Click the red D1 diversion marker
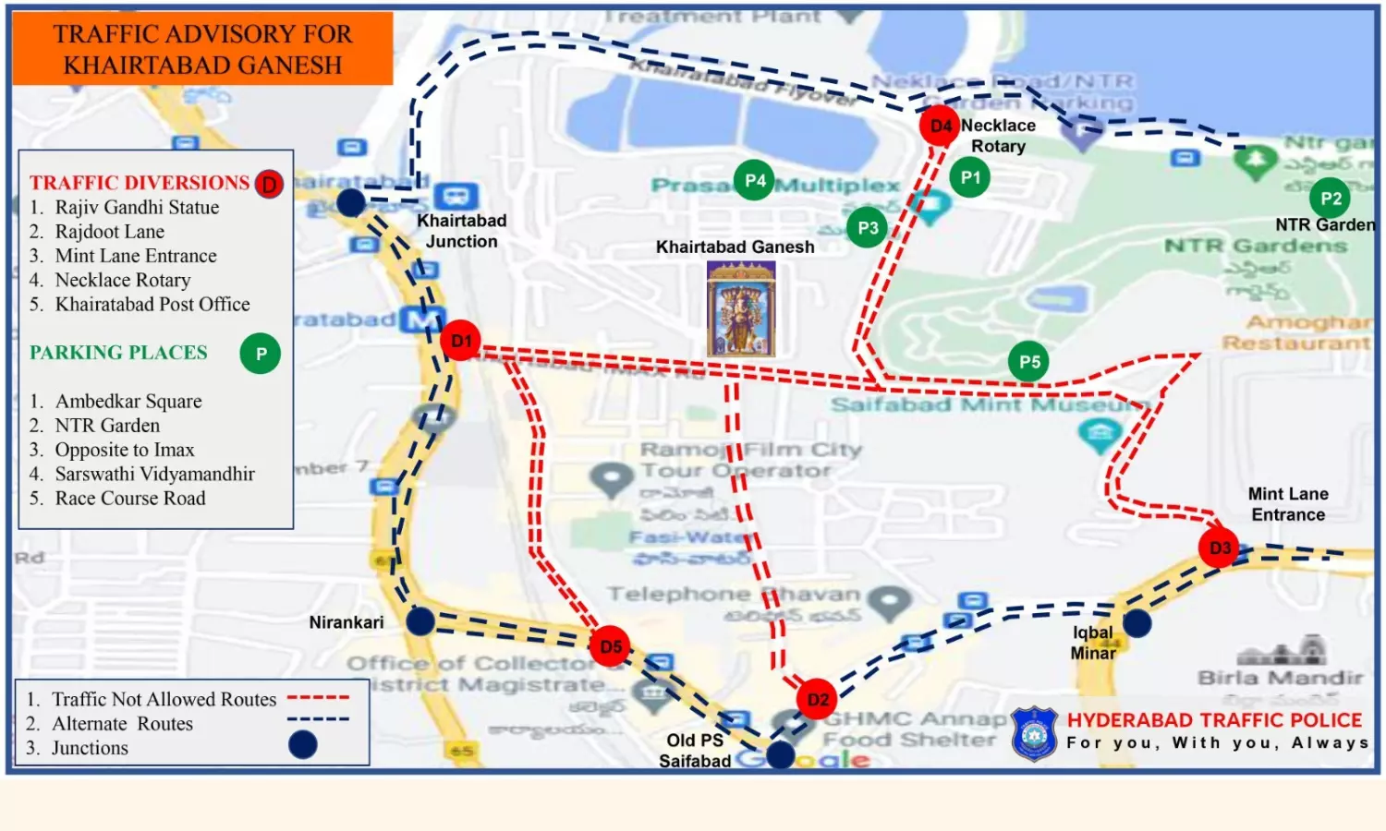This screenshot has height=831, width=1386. [x=460, y=341]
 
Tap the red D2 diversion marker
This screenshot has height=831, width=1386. [x=818, y=699]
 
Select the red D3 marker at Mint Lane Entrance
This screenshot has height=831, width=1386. [x=1220, y=548]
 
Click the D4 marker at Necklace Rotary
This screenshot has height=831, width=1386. [x=940, y=126]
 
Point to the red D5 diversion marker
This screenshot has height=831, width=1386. [x=611, y=646]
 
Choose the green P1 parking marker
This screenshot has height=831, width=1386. [x=970, y=177]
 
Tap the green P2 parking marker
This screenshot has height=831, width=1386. [x=1331, y=198]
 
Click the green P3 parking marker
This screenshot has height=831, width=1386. [x=868, y=228]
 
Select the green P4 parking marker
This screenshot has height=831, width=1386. [x=755, y=180]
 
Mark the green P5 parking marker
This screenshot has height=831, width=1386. [x=1029, y=362]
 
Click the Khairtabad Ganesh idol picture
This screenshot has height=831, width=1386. [x=740, y=308]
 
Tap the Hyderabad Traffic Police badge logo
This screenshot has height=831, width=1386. [x=1034, y=733]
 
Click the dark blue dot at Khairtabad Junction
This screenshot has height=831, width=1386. [x=350, y=203]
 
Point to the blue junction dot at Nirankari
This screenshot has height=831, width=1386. [x=420, y=621]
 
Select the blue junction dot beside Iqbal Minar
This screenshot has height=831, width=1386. [x=1137, y=623]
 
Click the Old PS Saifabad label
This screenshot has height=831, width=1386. [x=695, y=751]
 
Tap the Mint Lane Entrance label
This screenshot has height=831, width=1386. [x=1288, y=504]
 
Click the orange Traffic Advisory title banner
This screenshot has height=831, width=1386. [x=202, y=49]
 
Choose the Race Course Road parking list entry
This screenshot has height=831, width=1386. [x=130, y=499]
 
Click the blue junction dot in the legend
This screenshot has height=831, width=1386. [x=303, y=745]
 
